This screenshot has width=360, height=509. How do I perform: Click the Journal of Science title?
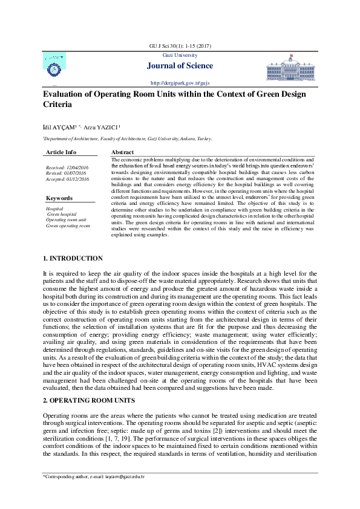(x=180, y=66)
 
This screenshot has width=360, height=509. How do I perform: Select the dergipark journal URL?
(x=180, y=82)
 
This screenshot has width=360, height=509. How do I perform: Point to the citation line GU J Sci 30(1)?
(x=180, y=46)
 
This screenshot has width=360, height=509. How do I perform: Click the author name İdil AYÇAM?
(x=58, y=127)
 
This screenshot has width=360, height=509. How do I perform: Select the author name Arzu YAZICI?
(x=102, y=127)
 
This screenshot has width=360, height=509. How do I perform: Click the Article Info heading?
(x=61, y=152)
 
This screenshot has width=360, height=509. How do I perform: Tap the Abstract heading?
(x=123, y=152)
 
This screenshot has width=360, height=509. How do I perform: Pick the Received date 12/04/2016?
(x=67, y=167)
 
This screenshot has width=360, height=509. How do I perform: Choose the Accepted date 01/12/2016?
(x=67, y=179)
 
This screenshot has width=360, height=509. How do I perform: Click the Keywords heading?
(x=59, y=198)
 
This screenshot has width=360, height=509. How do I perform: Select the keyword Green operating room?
(x=68, y=226)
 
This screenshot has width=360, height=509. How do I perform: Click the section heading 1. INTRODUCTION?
(x=73, y=259)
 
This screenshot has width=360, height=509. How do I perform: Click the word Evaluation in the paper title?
(x=65, y=94)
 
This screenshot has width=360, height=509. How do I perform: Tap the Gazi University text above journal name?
(x=180, y=56)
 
